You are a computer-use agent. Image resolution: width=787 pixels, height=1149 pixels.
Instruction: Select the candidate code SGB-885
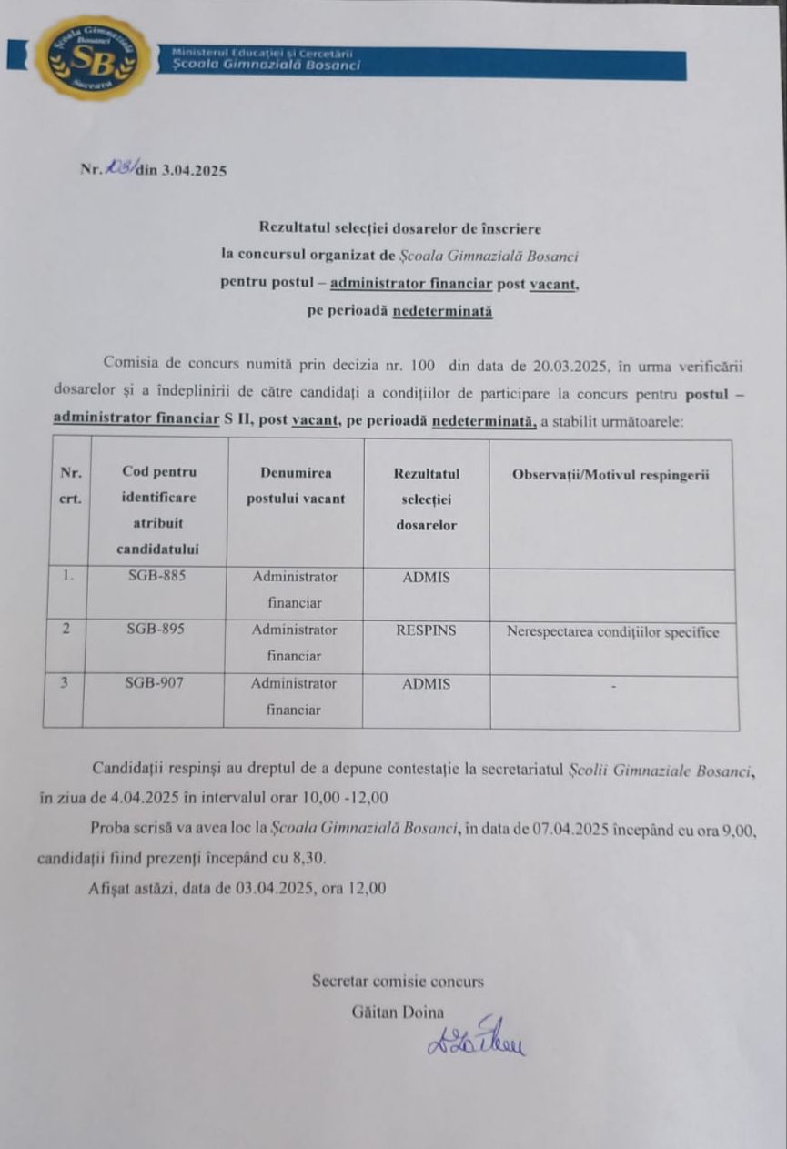(156, 577)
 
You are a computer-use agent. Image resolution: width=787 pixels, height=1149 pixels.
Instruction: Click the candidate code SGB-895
(156, 630)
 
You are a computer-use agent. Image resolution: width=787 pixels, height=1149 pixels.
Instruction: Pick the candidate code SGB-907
(156, 683)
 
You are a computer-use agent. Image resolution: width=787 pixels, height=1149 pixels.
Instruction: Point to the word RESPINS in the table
(426, 630)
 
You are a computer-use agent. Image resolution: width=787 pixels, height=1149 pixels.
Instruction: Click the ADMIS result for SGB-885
(426, 577)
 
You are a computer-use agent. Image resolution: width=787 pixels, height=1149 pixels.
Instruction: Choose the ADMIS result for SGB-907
(426, 684)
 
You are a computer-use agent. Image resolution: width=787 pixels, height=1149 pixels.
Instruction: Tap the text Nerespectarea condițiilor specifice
(612, 632)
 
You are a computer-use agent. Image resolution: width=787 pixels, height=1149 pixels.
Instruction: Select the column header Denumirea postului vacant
(296, 486)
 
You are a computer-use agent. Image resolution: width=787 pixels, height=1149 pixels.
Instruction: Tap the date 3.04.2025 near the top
(194, 170)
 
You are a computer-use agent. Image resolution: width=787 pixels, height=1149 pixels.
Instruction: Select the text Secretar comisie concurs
(398, 982)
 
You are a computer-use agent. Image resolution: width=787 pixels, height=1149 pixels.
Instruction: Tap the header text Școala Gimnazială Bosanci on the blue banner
(267, 66)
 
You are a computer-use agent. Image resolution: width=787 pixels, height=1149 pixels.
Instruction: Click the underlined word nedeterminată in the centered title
(442, 310)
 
